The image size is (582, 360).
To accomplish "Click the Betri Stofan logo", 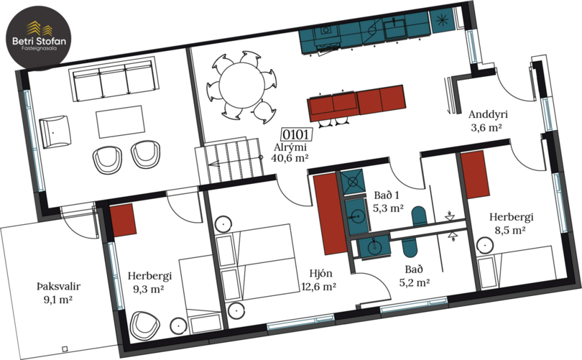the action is click(39, 38).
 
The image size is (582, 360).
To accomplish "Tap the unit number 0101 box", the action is click(296, 134).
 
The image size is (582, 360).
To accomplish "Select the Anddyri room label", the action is click(488, 114).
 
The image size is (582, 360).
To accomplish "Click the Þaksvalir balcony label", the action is click(59, 287).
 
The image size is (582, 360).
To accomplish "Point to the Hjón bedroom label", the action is click(320, 274).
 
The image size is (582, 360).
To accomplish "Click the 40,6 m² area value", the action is click(290, 158).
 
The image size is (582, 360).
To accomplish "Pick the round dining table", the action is click(241, 86).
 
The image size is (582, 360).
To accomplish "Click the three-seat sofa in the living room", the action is click(114, 80).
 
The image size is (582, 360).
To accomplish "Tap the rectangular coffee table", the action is click(120, 121).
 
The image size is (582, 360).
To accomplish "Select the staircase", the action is click(229, 160).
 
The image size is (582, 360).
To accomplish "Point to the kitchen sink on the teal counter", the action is click(394, 27).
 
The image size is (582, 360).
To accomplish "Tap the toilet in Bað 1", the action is click(420, 216).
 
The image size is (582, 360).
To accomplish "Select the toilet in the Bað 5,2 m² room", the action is click(410, 246).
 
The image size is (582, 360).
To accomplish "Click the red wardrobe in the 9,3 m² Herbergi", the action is click(124, 220).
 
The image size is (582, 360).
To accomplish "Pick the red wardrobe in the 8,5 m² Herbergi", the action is click(475, 174).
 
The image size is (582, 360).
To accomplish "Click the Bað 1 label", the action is click(387, 195).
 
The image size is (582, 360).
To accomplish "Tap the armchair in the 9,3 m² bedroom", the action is click(145, 325).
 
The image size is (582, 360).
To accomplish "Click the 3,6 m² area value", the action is click(486, 128).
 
